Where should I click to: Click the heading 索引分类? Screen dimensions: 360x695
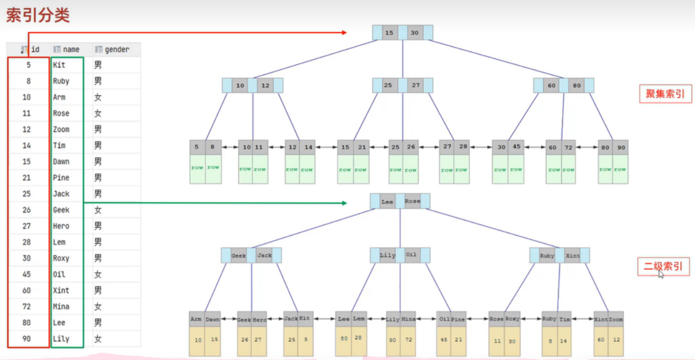coord(38,15)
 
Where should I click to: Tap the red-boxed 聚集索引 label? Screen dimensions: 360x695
coord(665,94)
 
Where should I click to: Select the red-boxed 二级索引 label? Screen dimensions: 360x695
coord(663,267)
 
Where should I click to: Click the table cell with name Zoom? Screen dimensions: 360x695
coord(61,130)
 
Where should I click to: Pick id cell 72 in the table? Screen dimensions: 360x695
coord(27,307)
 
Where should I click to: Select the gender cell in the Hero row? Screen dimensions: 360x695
coord(98,226)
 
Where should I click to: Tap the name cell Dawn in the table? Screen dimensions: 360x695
coord(61,162)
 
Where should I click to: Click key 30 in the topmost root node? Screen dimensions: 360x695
coord(415,33)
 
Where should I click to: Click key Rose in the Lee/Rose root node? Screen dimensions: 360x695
coord(413,202)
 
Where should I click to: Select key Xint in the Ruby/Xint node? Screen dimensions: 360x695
coord(573,255)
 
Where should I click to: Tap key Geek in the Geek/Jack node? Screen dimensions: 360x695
coord(238,255)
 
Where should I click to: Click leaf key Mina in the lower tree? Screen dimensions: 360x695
coord(408,319)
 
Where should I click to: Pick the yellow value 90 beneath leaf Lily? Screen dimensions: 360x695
coord(393,340)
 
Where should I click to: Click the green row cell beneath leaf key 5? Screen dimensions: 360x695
coord(198,168)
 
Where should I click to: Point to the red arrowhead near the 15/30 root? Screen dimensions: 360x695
coord(343,33)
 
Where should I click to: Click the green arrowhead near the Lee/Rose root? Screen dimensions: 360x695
coord(343,203)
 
